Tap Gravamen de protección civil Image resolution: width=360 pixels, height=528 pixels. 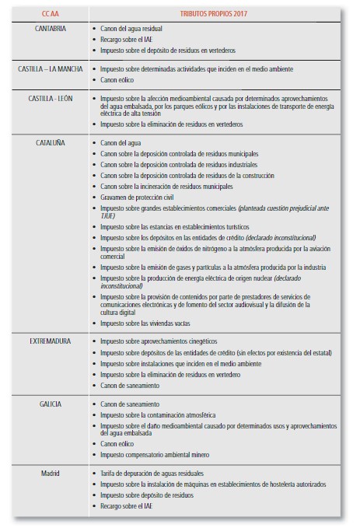(x=139, y=198)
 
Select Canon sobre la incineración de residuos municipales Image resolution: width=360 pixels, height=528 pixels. (x=166, y=187)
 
